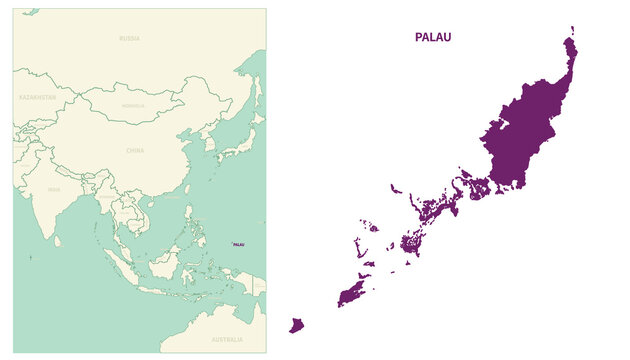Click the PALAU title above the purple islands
[432, 37]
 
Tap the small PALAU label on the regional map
[239, 244]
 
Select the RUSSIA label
[129, 38]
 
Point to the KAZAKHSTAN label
[37, 98]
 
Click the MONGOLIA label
[133, 105]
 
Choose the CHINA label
[135, 150]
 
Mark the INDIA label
[54, 189]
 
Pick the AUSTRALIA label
[227, 339]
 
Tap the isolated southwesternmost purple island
[296, 325]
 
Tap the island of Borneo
[164, 265]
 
